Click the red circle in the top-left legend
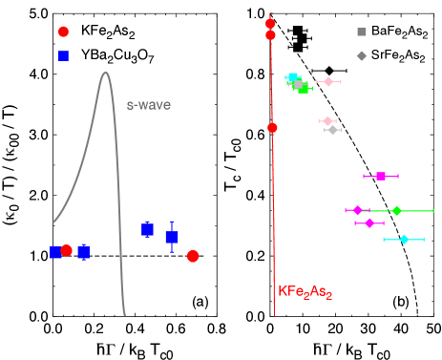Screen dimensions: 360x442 coord(63,32)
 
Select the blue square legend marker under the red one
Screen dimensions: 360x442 coord(63,55)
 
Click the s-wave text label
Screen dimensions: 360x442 coord(149,104)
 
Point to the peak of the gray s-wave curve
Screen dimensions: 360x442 coord(105,72)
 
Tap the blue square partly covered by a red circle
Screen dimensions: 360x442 coord(55,252)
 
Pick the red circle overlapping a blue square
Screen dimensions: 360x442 coord(66,250)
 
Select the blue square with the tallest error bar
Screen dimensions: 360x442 coord(172,237)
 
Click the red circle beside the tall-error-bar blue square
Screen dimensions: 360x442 coord(193,256)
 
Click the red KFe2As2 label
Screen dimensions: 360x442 coord(305,291)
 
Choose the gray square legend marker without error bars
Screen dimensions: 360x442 coord(362,32)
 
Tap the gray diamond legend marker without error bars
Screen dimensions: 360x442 coord(362,55)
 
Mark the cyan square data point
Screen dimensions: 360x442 coord(293,78)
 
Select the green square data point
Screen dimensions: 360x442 coord(304,88)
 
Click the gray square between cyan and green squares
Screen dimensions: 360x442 coord(298,84)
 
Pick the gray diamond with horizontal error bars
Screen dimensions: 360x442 coord(332,129)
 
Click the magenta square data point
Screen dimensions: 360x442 coord(381,176)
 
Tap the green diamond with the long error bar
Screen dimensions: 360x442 coord(396,210)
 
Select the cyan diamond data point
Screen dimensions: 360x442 coord(404,239)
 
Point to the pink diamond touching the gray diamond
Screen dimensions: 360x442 coord(327,121)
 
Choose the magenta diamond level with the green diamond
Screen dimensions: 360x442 coord(357,210)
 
